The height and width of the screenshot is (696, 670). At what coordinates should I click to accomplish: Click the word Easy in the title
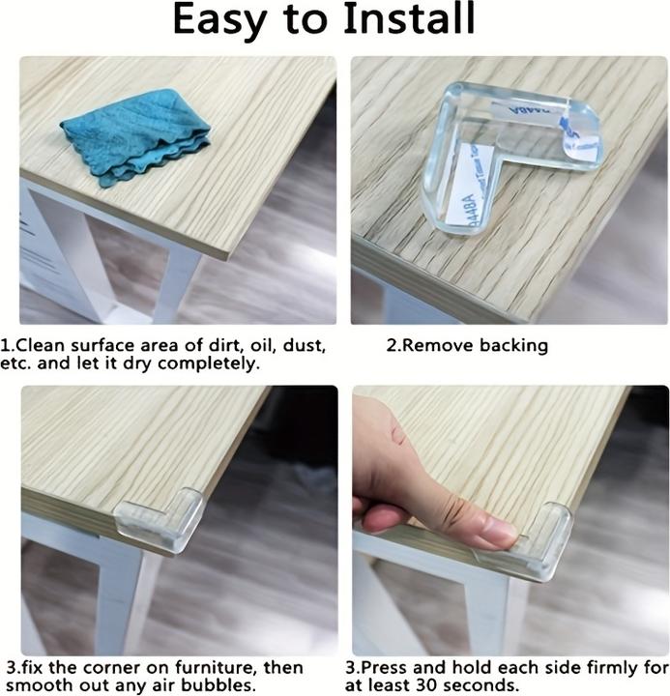pos(219,20)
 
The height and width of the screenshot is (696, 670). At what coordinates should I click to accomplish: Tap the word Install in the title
pos(409,18)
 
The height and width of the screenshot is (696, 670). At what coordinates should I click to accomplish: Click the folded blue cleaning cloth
pos(135,136)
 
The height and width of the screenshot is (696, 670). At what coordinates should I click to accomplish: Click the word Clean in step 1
pos(40,345)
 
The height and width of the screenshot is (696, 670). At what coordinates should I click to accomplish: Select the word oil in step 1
pos(261,346)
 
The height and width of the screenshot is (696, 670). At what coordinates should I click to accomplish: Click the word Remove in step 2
pos(437,345)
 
